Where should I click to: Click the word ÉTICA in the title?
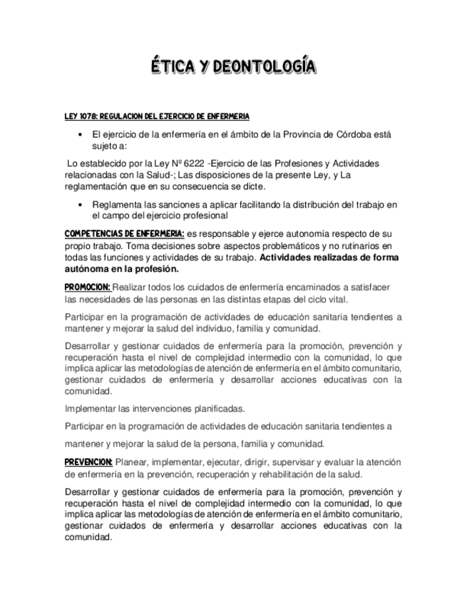[174, 68]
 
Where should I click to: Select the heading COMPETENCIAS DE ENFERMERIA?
[125, 234]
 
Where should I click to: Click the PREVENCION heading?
[88, 462]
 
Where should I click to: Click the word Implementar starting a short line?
[90, 409]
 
